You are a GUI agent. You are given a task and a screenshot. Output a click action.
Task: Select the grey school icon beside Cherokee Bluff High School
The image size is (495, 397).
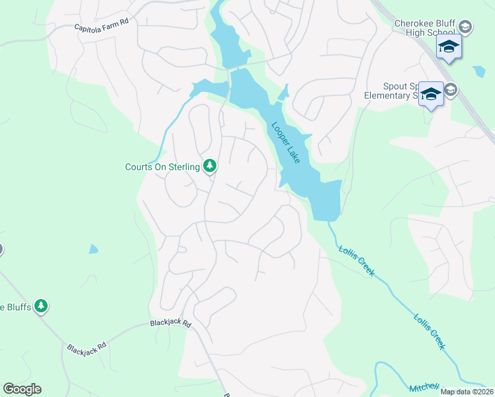click(x=465, y=27)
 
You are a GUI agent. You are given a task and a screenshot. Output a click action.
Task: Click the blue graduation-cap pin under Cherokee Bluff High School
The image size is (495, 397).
click(x=448, y=47)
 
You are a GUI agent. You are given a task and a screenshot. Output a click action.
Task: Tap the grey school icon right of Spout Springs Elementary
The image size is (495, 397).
click(x=451, y=90)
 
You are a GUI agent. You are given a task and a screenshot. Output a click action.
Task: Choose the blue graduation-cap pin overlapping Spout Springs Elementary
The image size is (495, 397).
click(x=431, y=95)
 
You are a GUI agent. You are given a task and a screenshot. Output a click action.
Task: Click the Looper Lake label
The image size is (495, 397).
click(x=285, y=142)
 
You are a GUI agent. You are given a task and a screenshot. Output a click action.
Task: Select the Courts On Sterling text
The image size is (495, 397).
click(x=162, y=167)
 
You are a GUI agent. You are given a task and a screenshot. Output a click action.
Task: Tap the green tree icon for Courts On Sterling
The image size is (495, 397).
click(x=210, y=165)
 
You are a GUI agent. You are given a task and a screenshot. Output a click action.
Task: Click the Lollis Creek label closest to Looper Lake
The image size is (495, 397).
click(x=357, y=261)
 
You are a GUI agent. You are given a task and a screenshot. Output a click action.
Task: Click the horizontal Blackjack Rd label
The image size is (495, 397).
click(x=170, y=324)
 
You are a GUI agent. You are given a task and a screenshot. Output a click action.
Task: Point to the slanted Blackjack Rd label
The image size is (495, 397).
click(x=86, y=347)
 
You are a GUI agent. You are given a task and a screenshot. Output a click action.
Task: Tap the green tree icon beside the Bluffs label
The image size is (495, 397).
click(x=42, y=306)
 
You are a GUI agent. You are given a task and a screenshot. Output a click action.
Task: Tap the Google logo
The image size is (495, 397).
click(x=22, y=389)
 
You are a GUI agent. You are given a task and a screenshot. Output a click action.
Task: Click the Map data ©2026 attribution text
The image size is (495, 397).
click(x=467, y=392)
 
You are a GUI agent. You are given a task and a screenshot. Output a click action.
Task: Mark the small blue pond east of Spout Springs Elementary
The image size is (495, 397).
click(x=479, y=71)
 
